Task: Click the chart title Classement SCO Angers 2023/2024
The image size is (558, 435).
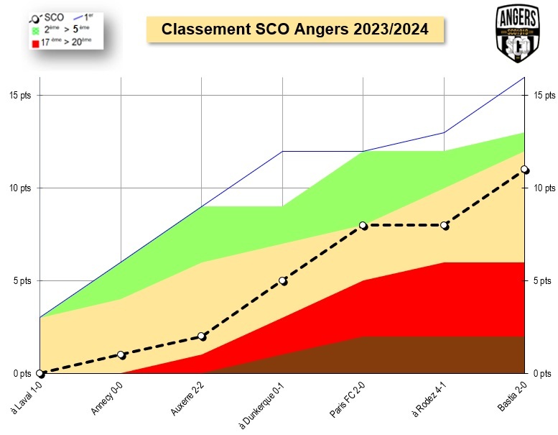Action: click(295, 29)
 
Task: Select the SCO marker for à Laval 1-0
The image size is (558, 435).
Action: click(40, 373)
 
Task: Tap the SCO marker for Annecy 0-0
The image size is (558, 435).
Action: click(121, 354)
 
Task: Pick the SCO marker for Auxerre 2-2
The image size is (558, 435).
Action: click(202, 336)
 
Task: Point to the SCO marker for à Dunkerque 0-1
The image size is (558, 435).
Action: click(283, 280)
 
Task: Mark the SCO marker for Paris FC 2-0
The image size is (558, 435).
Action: click(363, 225)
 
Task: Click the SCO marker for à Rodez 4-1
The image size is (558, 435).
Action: click(445, 225)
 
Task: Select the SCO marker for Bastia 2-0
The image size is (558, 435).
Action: click(525, 170)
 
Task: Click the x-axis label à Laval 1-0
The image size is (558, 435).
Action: click(26, 395)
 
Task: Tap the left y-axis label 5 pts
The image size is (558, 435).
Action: click(22, 280)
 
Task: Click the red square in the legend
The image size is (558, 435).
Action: click(34, 43)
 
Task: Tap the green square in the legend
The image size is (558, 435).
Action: click(34, 30)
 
